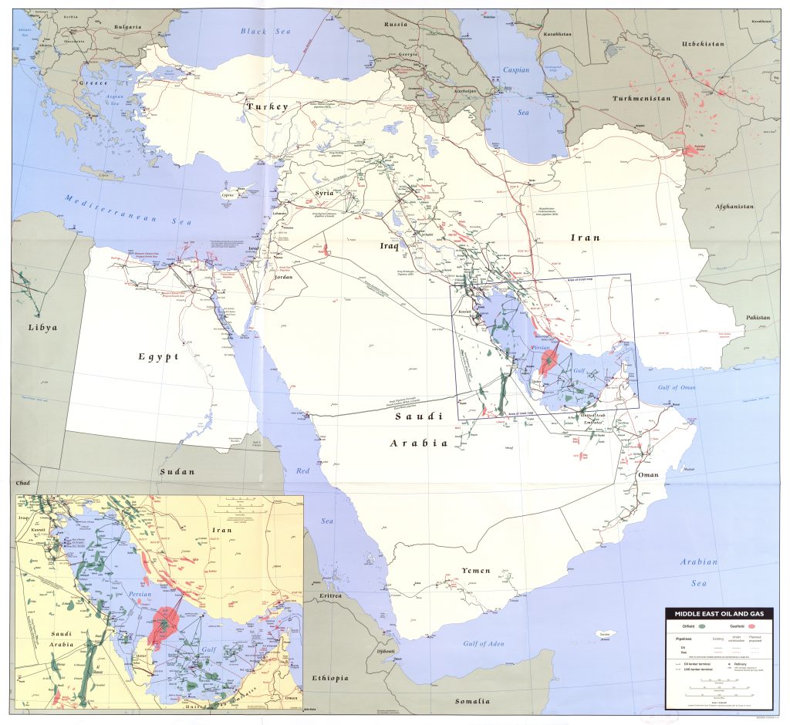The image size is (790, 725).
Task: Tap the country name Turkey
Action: pyautogui.click(x=267, y=106)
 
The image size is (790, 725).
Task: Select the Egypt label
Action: pyautogui.click(x=158, y=356)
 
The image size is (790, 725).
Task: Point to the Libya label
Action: pyautogui.click(x=42, y=327)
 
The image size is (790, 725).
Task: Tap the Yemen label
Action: pyautogui.click(x=476, y=570)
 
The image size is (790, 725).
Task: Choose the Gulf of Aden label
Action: pyautogui.click(x=484, y=643)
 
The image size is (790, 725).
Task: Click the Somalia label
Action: pyautogui.click(x=472, y=701)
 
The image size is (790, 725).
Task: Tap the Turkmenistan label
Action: pyautogui.click(x=641, y=99)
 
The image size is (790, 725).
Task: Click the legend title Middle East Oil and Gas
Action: pyautogui.click(x=719, y=615)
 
